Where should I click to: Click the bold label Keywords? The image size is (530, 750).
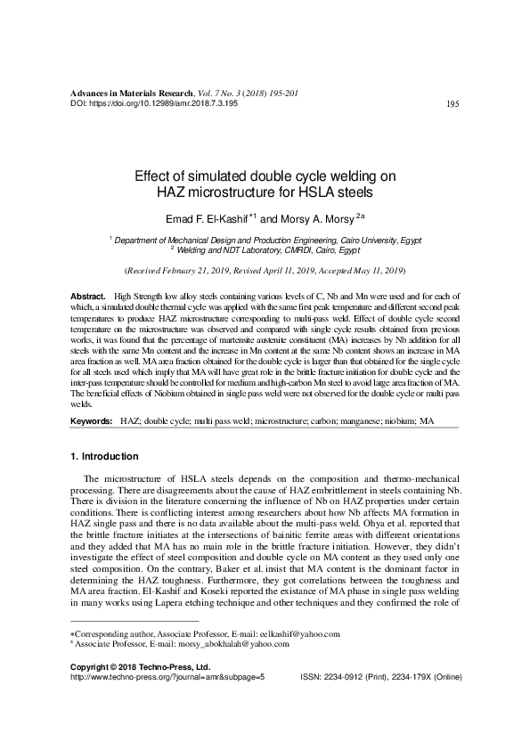pos(91,419)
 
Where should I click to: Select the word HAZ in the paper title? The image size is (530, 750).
pos(173,192)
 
